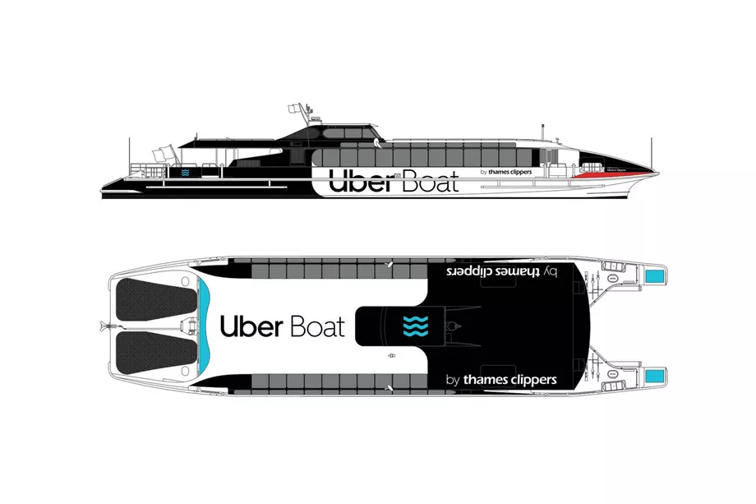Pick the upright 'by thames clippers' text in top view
coord(500,380)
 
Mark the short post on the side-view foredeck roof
coord(543,130)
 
